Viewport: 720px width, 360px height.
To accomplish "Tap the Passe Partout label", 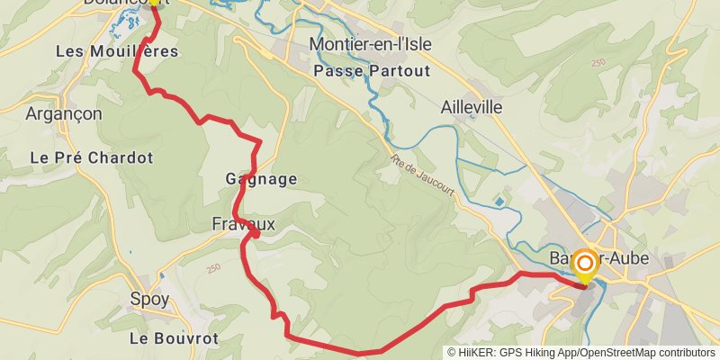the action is (372, 70).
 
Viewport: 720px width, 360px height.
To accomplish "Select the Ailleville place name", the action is (471, 106).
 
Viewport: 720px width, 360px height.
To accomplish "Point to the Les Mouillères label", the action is (117, 51).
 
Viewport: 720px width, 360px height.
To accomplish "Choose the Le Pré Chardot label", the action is (92, 157).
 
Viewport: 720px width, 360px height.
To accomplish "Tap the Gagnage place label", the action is (261, 180).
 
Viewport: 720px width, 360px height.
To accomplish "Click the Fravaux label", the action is (243, 222).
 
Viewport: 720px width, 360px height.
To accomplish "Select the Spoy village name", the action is (149, 299).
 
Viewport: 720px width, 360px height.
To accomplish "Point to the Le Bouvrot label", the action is (174, 338).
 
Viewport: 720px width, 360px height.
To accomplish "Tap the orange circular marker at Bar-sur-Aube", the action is (584, 264).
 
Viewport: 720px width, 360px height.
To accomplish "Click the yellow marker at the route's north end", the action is (154, 3).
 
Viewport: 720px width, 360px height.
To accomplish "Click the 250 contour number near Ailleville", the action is (598, 63).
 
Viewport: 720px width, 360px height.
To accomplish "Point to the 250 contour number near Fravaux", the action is (213, 268).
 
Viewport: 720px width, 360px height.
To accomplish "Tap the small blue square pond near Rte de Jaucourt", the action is (499, 202).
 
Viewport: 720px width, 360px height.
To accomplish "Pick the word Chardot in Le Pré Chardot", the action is (123, 157).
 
